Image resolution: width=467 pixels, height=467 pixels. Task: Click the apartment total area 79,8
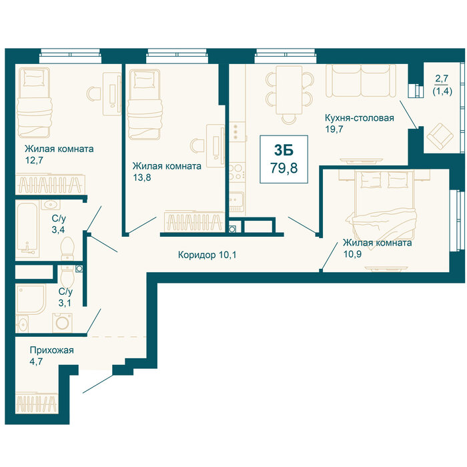(284, 168)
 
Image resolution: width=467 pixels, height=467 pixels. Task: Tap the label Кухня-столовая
(359, 118)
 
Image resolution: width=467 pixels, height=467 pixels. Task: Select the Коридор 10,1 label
(207, 255)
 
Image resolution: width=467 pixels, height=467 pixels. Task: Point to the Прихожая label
(51, 350)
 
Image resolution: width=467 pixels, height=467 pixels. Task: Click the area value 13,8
(141, 177)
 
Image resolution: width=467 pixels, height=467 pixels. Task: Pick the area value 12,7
(34, 161)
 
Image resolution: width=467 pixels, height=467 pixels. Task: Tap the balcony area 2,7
(442, 79)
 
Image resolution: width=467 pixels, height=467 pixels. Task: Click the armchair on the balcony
(440, 136)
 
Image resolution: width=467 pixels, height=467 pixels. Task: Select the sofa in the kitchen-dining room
(361, 81)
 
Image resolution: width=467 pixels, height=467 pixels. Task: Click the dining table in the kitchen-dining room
(289, 90)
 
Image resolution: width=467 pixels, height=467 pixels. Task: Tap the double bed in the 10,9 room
(384, 205)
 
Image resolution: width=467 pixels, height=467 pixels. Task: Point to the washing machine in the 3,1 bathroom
(62, 322)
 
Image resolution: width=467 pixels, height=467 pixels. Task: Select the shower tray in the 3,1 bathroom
(31, 299)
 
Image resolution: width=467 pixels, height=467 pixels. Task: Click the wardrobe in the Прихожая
(37, 403)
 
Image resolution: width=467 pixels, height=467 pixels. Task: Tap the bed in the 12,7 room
(34, 103)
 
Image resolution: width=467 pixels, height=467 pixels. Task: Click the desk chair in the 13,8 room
(197, 146)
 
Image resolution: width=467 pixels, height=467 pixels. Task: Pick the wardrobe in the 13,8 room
(195, 222)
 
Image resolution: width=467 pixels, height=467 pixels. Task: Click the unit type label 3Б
(284, 150)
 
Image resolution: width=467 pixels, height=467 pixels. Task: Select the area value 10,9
(352, 254)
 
